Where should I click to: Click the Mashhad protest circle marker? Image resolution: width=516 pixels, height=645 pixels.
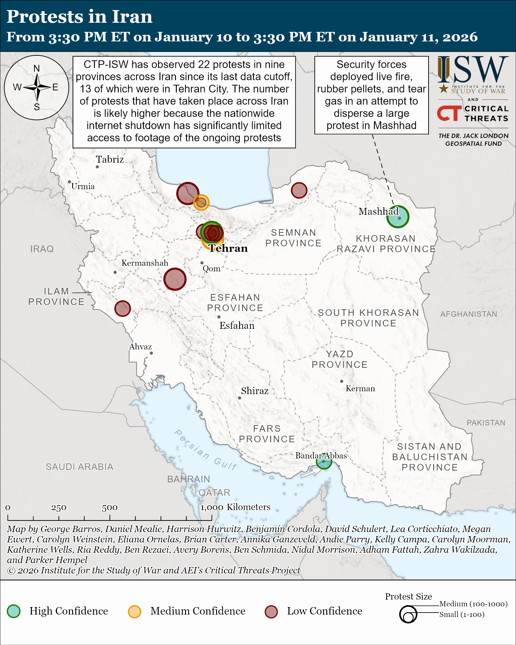pos(398,217)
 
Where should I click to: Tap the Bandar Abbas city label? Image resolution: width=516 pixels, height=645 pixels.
pos(321,456)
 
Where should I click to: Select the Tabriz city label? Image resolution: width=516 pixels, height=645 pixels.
pos(110,160)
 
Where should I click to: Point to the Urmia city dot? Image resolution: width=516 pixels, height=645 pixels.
pos(69,182)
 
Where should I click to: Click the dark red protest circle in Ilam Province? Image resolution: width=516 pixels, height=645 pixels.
pos(123,308)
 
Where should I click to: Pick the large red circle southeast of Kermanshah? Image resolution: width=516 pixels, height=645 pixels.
pos(175,279)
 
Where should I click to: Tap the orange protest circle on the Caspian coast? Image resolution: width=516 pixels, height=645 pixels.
pos(201,203)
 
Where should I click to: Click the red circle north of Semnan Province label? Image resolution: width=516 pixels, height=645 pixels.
pos(299,190)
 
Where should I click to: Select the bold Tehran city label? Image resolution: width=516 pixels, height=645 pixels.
pos(228,248)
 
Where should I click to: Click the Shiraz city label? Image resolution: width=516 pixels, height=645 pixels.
pos(255,391)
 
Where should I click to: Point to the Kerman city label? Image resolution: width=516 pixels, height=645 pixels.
pos(360,389)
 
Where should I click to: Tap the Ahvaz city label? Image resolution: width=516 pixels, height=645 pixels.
pos(141,347)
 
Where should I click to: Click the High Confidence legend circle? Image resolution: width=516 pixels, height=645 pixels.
pos(14,611)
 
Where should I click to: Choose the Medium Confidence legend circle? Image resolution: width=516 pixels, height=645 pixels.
pos(134,611)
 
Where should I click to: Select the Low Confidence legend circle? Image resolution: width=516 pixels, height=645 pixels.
pos(271,611)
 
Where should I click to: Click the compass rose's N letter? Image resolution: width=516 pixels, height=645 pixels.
pos(37,68)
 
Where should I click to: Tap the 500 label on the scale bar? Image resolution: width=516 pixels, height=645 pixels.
pos(110,508)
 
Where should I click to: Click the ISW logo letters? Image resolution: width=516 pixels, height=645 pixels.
pos(473,70)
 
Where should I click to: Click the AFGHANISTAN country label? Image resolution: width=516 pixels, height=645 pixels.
pos(469,314)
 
